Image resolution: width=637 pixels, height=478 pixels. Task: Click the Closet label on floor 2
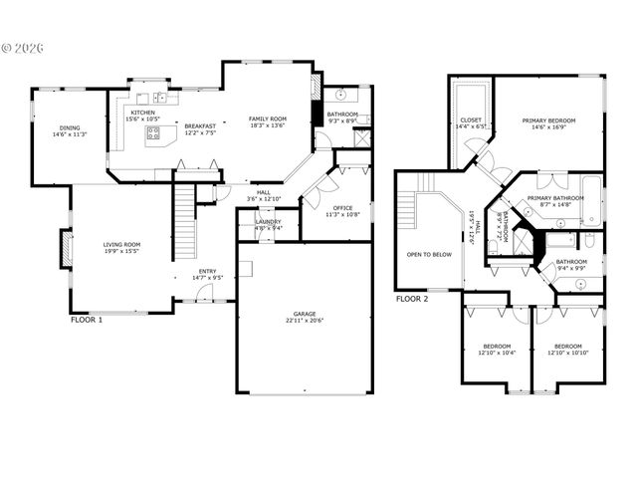pos(471,123)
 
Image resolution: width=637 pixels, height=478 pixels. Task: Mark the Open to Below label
pos(429,254)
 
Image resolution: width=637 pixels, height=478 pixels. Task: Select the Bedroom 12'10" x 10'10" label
pos(567,350)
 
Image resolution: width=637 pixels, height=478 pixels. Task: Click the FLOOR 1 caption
pos(87,320)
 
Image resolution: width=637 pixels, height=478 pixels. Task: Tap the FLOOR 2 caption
pos(412,299)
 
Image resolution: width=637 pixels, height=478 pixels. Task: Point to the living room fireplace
pos(66,250)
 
